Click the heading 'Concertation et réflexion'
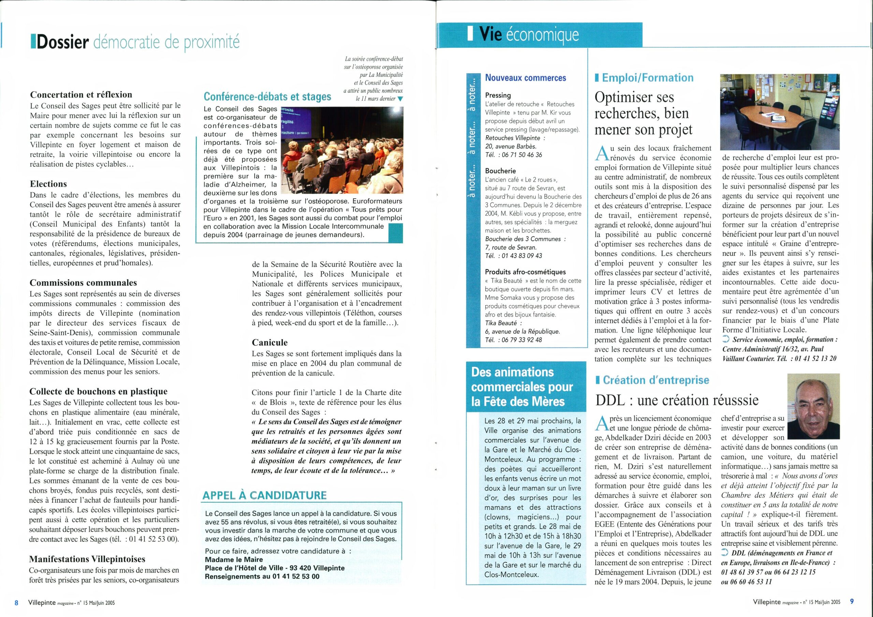(81, 95)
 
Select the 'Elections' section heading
(48, 184)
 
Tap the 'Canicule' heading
(270, 343)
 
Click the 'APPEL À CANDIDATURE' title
(264, 495)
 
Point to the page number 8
(16, 602)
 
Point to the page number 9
(852, 601)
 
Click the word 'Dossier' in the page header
(63, 43)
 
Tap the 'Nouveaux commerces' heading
(526, 78)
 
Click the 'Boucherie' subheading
(500, 171)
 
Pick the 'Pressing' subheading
(498, 95)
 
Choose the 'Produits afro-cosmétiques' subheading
(525, 272)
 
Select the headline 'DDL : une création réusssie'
(677, 400)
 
